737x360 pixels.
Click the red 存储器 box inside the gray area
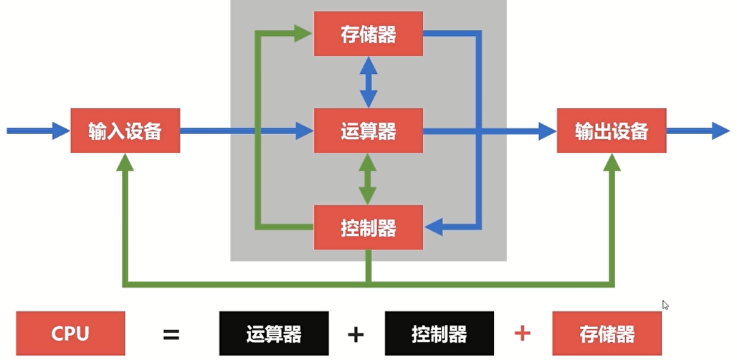[x=368, y=34]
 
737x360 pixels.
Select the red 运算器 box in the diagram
[x=368, y=131]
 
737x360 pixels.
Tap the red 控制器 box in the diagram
[x=368, y=229]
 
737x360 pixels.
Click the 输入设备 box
[x=125, y=131]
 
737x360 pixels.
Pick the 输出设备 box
[x=612, y=131]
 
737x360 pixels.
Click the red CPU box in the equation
[x=70, y=333]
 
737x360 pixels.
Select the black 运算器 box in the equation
[x=273, y=333]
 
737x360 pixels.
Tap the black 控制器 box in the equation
[x=439, y=333]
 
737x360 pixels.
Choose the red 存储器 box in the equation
[x=607, y=333]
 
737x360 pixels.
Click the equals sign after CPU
[x=171, y=334]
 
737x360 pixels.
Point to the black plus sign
[x=356, y=334]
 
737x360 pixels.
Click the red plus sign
[x=523, y=333]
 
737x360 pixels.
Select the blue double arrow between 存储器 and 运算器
[x=368, y=82]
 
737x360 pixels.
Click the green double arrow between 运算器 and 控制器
[x=368, y=179]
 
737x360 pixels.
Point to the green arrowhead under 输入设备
[x=125, y=164]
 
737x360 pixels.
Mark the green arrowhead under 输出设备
[x=612, y=164]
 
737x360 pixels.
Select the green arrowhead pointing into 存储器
[x=304, y=33]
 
